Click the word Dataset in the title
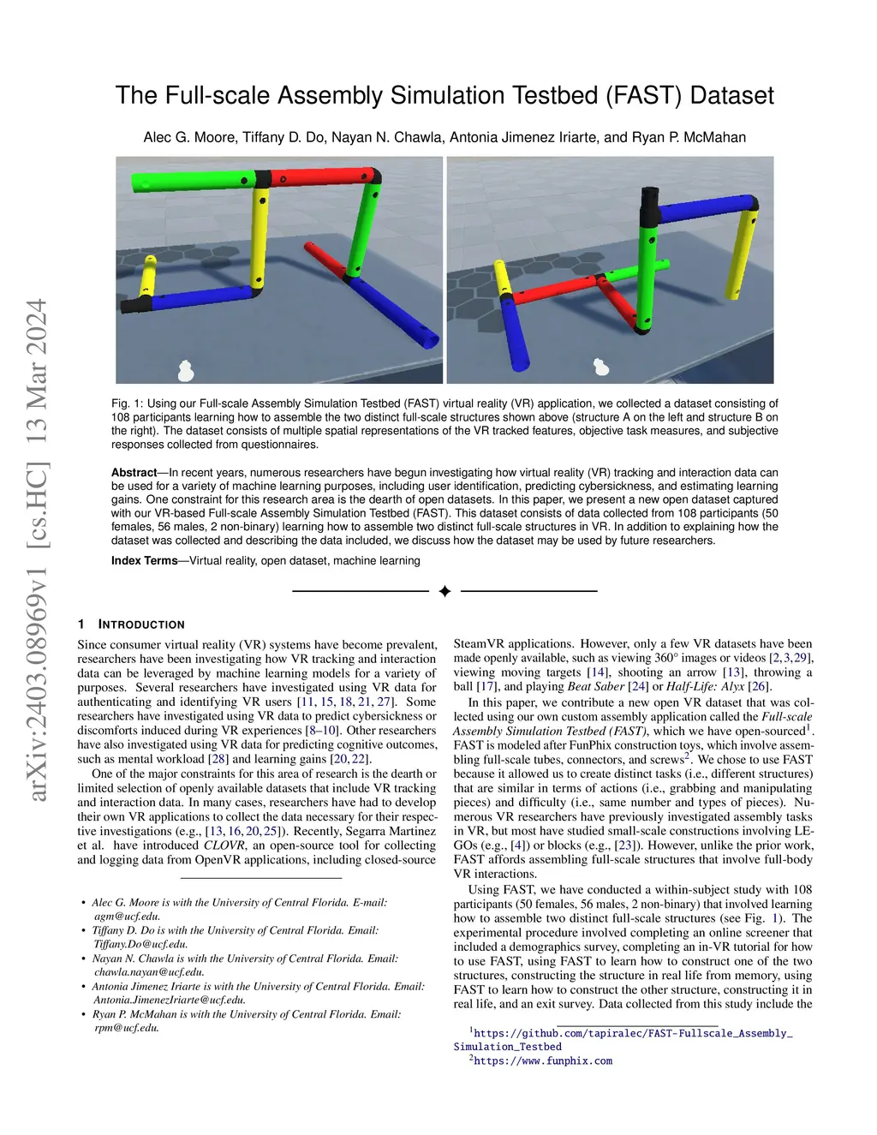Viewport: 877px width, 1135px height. click(731, 95)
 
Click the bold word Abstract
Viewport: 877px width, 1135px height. click(134, 473)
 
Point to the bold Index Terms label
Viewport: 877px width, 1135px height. click(144, 561)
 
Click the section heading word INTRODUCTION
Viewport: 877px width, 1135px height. click(141, 624)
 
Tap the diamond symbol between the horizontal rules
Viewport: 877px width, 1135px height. click(444, 591)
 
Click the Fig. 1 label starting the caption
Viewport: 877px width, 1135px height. click(127, 403)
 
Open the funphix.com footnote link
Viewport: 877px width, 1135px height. click(543, 1061)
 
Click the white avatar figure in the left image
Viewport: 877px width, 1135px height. click(186, 370)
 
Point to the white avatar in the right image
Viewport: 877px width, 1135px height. click(601, 367)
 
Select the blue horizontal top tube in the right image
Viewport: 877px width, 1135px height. click(711, 208)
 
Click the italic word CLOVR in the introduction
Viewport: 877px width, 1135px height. click(223, 845)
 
